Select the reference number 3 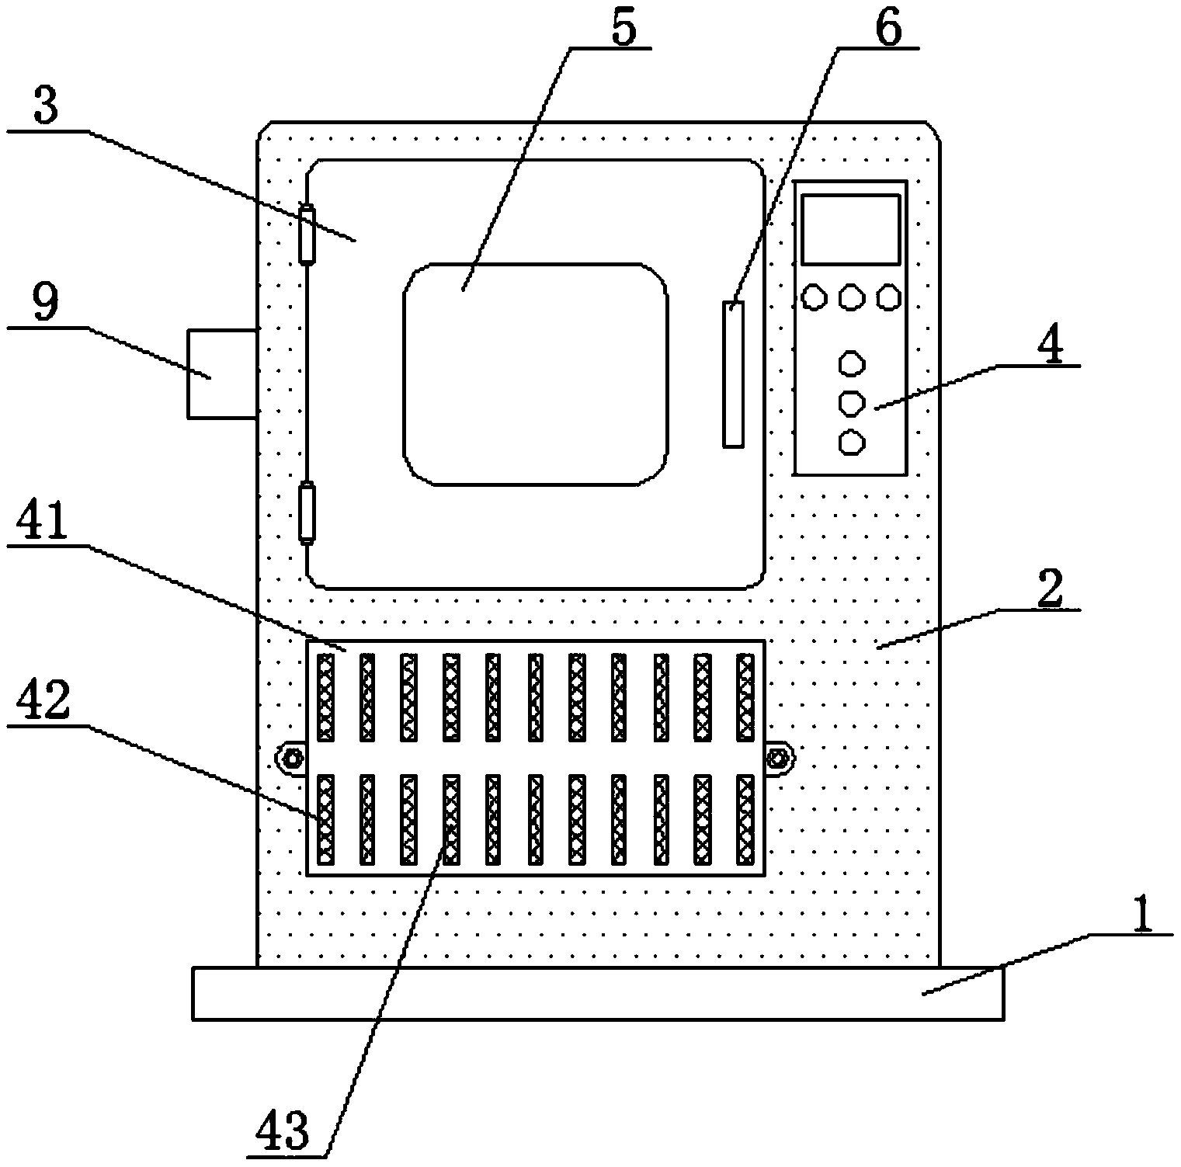tap(46, 108)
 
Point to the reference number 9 tap(46, 304)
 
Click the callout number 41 tap(49, 523)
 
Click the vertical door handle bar tap(733, 373)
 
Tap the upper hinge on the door tap(307, 234)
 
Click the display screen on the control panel tap(851, 229)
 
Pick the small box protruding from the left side tap(222, 373)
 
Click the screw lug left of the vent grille tap(291, 758)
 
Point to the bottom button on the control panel tap(852, 443)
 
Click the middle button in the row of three tap(852, 297)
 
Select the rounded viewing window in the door tap(535, 374)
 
